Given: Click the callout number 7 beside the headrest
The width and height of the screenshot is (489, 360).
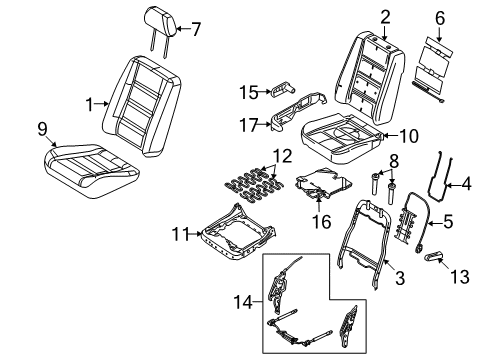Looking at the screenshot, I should pyautogui.click(x=196, y=29).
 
